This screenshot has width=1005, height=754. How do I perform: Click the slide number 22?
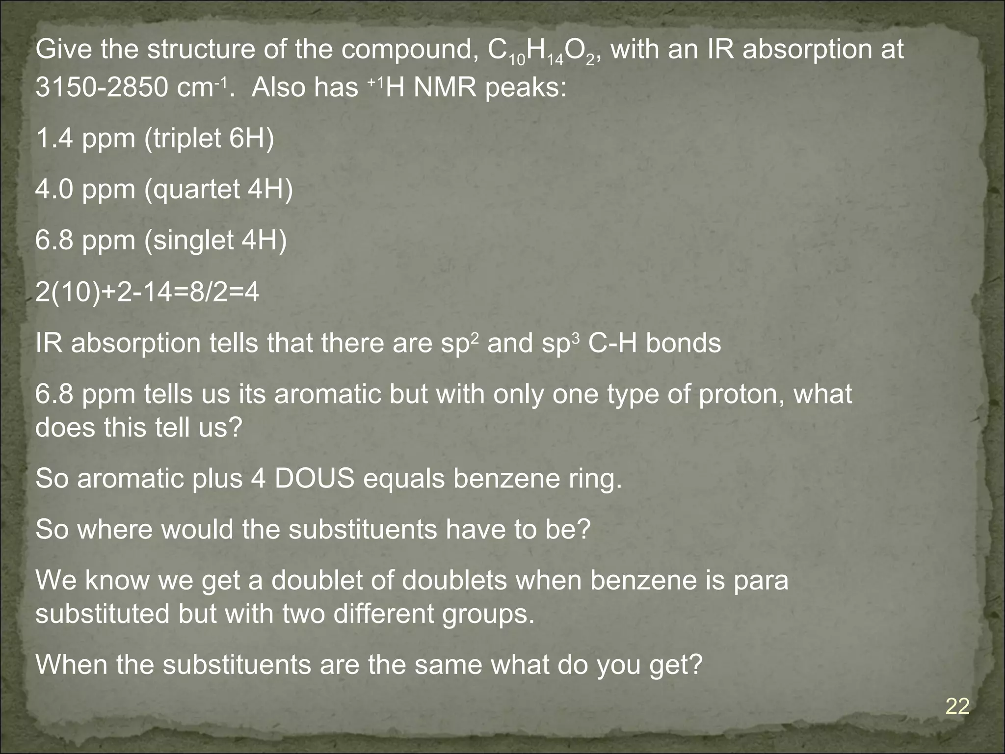pos(957,707)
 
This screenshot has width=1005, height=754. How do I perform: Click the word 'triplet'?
pos(185,138)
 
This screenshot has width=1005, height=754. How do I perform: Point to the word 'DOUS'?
pos(315,479)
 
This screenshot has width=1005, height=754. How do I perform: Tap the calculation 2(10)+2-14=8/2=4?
pos(147,293)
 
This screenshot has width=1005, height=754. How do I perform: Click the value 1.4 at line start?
pos(53,138)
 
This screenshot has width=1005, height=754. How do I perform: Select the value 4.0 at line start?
pos(53,189)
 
